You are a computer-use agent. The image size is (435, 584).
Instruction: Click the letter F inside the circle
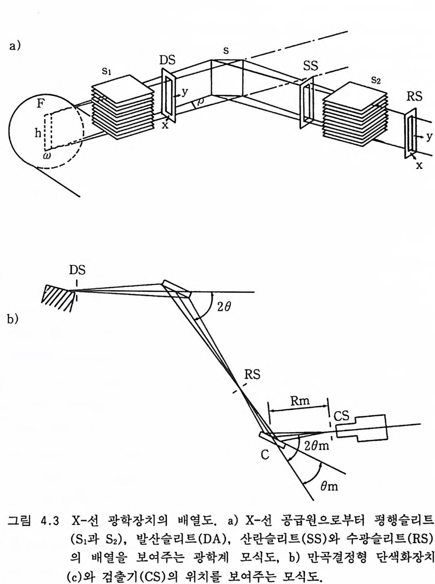(x=40, y=103)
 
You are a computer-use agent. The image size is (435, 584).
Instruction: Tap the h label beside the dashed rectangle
(x=38, y=134)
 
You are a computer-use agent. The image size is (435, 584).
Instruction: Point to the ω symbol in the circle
(x=47, y=156)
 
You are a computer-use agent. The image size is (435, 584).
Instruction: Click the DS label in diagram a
(x=167, y=60)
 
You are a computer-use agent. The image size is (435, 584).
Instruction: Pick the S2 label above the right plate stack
(x=376, y=80)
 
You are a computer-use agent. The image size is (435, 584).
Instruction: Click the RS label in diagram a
(x=414, y=96)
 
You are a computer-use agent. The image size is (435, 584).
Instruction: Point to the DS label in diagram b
(x=77, y=270)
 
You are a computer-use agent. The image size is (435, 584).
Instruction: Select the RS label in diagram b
(x=252, y=374)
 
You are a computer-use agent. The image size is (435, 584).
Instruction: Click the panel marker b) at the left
(x=13, y=320)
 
